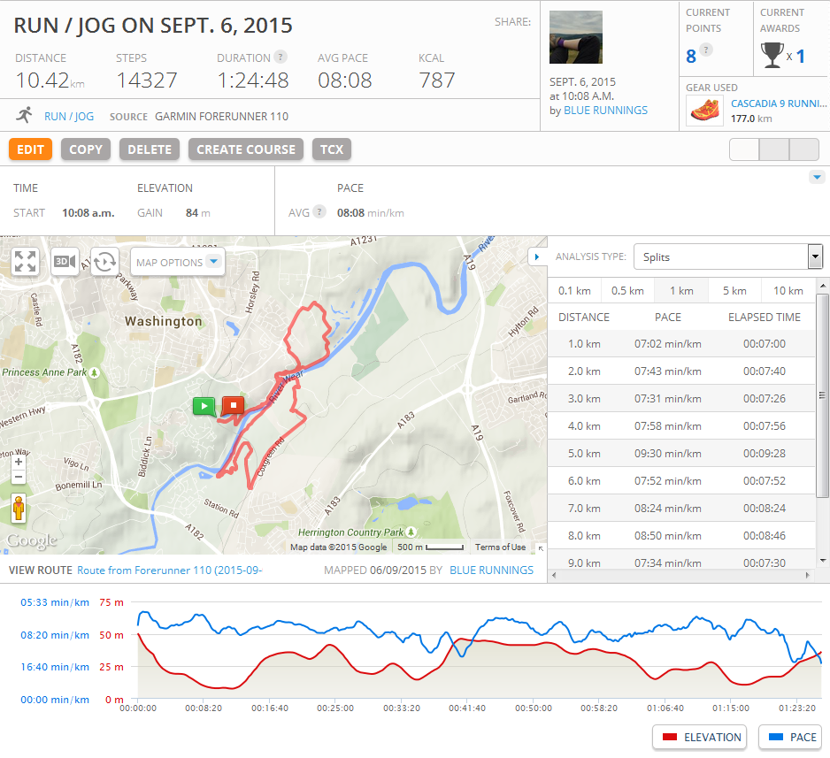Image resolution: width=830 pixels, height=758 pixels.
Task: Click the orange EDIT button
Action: point(30,149)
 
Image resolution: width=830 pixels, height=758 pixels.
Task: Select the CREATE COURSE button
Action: point(246,149)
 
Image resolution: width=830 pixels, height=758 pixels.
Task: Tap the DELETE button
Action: point(150,149)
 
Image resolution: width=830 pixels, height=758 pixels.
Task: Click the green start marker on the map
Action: point(204,406)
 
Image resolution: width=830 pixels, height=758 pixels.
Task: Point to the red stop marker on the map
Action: point(233,406)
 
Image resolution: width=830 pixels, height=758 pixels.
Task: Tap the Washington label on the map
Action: point(163,322)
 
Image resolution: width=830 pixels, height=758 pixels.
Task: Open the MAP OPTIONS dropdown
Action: point(177,262)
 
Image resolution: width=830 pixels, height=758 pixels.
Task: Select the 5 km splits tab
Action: point(734,291)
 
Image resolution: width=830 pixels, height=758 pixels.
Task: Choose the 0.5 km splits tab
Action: point(627,291)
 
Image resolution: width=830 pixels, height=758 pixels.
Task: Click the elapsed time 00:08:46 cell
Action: point(764,535)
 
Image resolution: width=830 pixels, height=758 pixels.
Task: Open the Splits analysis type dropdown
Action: point(728,257)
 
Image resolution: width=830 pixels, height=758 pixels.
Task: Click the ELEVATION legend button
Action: point(700,737)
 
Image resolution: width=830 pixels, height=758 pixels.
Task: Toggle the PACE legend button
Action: point(790,737)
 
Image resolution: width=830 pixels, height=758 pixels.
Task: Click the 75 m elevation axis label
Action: point(112,602)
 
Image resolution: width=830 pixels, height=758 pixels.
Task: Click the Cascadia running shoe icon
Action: point(704,111)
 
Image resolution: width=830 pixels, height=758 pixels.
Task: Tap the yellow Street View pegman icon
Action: point(19,509)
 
